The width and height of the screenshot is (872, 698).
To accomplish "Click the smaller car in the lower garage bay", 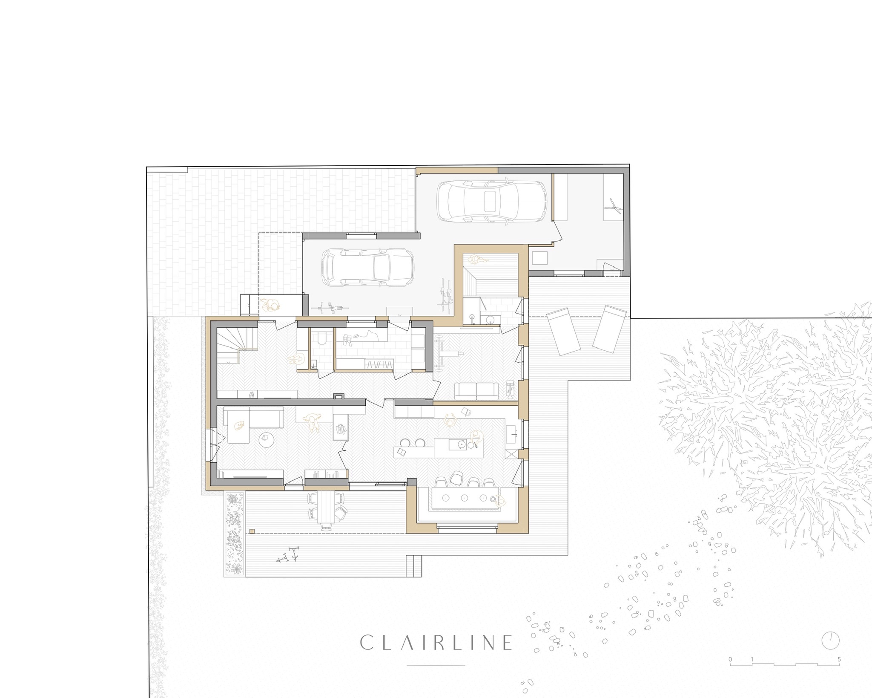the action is click(368, 268).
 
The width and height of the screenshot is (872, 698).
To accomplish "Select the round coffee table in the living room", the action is click(267, 440).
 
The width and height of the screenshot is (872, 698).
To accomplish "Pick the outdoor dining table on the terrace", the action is click(327, 511).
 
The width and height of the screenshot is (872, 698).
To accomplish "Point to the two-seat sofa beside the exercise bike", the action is click(476, 391).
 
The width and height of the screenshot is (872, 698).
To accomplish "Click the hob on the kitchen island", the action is click(462, 444).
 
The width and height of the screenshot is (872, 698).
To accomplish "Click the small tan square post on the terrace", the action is click(252, 531).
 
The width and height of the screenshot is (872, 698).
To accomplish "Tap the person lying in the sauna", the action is click(479, 259).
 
